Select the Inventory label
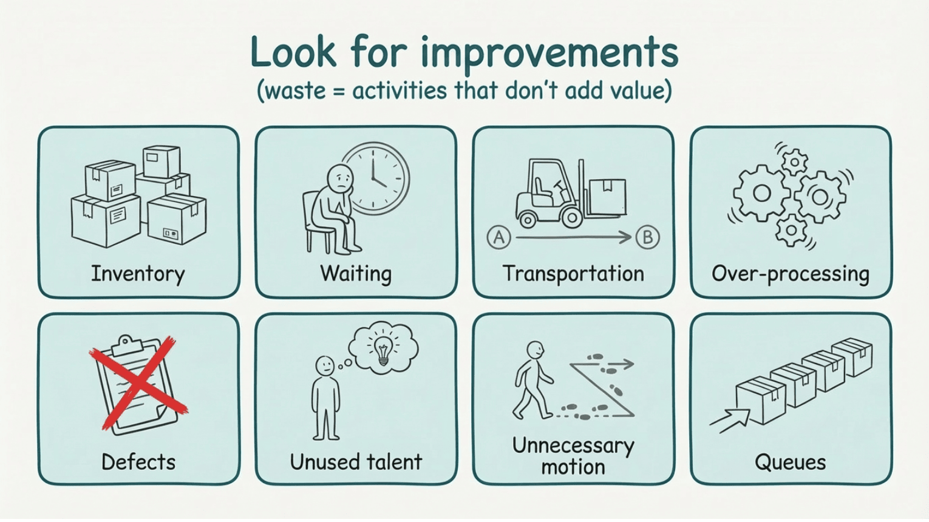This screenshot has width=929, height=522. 138,274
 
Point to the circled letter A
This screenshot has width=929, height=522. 499,237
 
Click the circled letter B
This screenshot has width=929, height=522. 647,237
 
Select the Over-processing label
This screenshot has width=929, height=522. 791,274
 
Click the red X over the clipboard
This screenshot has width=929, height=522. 139,382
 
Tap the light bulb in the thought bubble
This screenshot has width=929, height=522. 383,350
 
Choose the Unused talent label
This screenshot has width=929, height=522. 356,462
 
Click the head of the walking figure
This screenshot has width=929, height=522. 535,350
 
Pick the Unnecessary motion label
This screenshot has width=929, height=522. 573,456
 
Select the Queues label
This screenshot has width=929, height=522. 790,463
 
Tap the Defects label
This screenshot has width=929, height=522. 138,462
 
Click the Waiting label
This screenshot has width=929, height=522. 356,274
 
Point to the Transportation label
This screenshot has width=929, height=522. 573,274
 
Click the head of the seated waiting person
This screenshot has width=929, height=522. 339,177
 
